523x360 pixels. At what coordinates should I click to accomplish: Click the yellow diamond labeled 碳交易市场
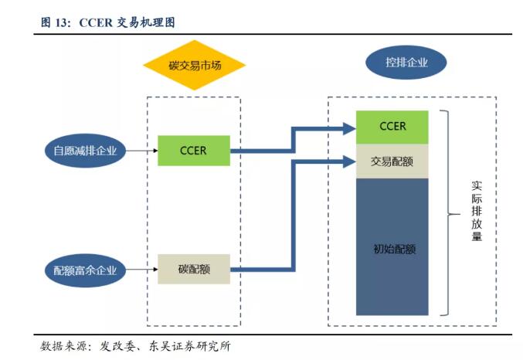194,66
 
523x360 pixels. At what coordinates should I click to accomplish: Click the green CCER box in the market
193,151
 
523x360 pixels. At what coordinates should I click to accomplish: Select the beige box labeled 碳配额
194,270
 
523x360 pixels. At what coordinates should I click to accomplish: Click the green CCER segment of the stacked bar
392,127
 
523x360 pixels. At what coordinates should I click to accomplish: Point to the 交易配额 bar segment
392,161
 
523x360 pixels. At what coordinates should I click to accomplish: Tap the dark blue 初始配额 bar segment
392,247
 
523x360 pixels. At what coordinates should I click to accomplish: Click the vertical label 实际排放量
477,212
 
